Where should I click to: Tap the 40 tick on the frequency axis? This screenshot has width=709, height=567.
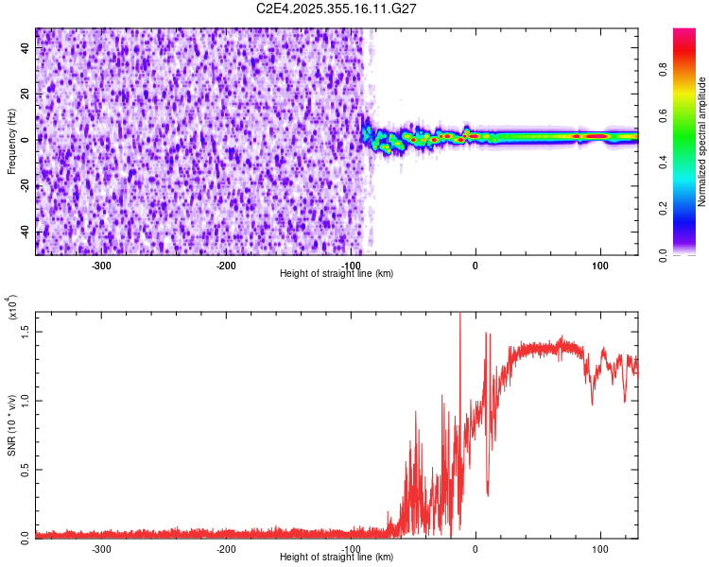click(26, 49)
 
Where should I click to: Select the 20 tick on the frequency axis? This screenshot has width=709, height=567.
click(26, 94)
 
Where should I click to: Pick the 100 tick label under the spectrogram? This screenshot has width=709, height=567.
click(599, 266)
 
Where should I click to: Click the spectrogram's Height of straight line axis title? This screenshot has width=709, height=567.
click(337, 273)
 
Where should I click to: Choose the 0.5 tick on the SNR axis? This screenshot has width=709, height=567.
click(26, 469)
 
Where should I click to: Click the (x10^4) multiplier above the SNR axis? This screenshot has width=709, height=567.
click(12, 307)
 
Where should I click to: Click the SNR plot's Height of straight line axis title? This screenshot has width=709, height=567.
click(337, 558)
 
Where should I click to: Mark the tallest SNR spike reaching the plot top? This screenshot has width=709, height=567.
click(459, 316)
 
